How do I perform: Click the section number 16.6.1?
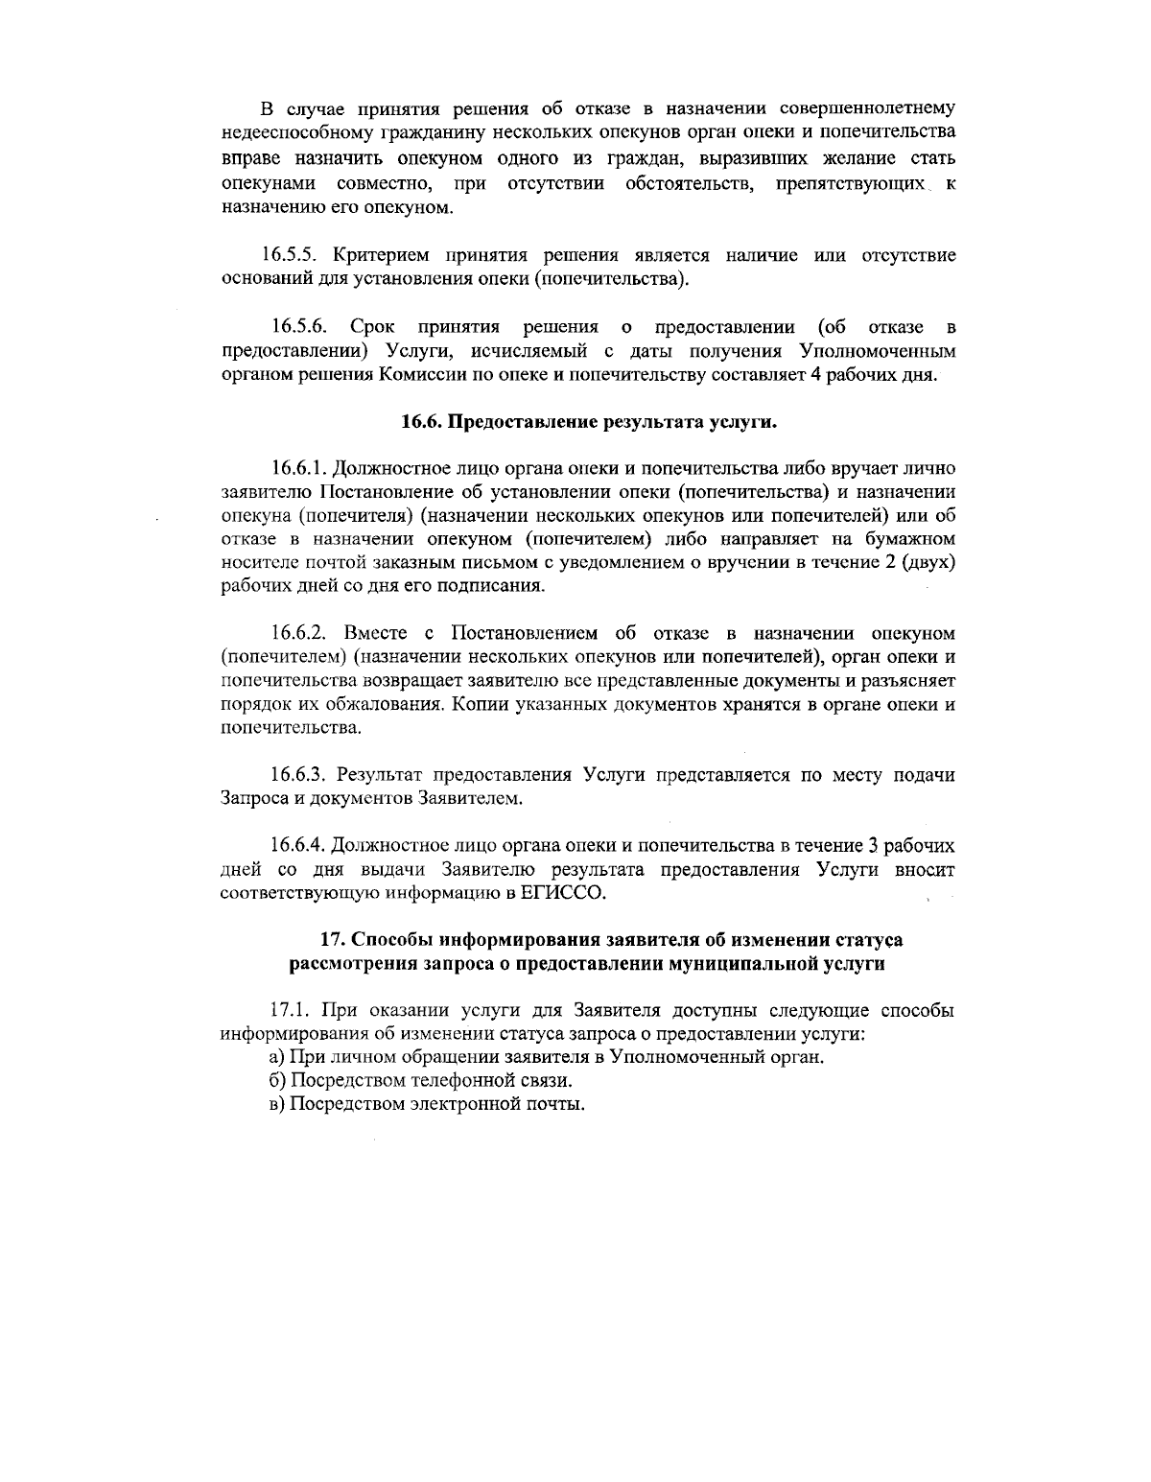click(x=299, y=468)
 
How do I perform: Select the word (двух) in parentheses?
click(x=929, y=562)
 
